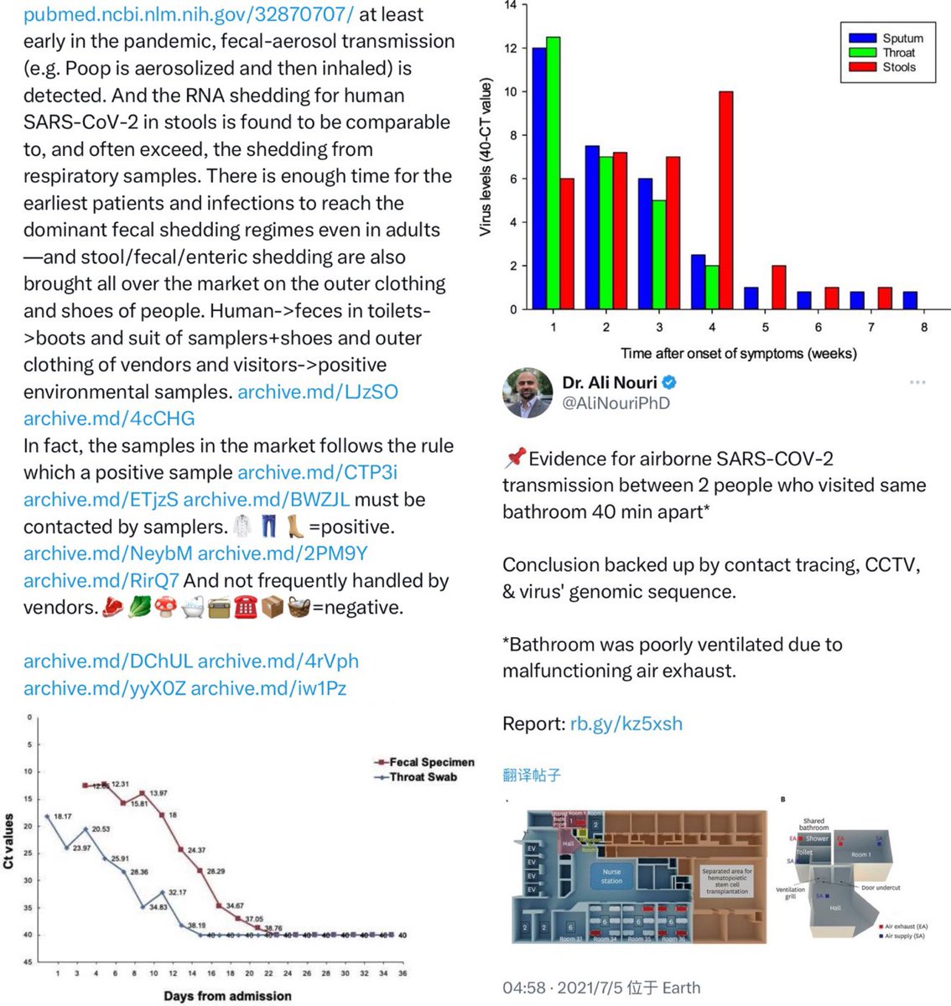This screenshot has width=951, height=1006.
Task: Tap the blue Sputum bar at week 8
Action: coord(910,300)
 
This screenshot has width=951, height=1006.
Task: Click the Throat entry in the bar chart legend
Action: coord(898,53)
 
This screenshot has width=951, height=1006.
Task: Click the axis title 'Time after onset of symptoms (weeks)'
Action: coord(739,354)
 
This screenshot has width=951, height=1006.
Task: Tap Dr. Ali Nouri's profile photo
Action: coord(527,392)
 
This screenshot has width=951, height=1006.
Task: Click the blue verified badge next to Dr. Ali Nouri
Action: coord(669,383)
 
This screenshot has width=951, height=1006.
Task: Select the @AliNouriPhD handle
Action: coord(616,403)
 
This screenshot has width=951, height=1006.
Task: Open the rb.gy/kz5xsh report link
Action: coord(626,723)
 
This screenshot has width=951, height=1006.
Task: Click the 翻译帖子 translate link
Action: coord(532,775)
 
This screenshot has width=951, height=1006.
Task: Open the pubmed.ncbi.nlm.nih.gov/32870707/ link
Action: coord(189,14)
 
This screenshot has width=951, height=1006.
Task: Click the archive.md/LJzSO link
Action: coord(318,392)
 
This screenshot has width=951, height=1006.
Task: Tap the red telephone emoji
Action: coord(246,608)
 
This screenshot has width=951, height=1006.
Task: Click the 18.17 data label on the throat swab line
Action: coord(63,816)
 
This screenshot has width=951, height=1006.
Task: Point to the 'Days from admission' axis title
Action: coord(227,996)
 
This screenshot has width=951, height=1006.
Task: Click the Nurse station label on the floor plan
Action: coord(611,876)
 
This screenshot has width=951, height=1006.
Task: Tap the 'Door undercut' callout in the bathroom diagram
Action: coord(881,887)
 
